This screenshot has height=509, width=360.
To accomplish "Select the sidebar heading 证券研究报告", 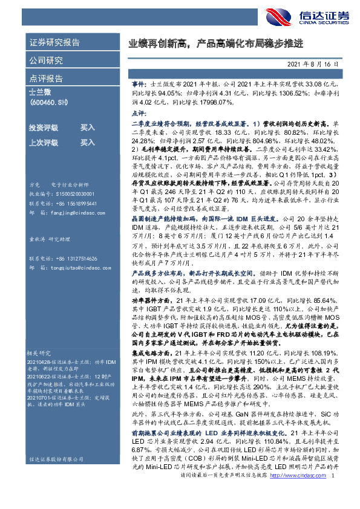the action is point(54,44).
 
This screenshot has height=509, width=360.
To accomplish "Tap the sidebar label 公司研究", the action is point(45,60).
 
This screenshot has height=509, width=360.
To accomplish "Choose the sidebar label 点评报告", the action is point(45,79).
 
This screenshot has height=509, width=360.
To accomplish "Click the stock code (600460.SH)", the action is point(49,103).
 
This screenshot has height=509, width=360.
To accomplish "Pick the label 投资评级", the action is point(44,128).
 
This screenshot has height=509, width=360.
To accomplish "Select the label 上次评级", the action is point(44,143).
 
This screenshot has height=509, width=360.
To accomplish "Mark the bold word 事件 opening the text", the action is point(139,87).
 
